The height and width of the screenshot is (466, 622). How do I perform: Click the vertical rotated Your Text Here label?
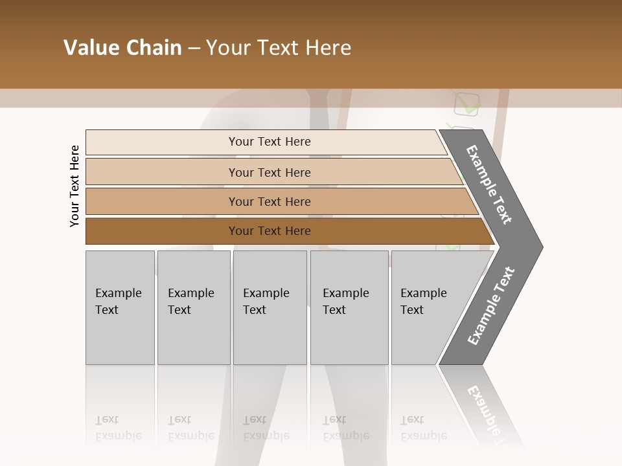pyautogui.click(x=75, y=186)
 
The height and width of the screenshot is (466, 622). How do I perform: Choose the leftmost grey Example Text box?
pyautogui.click(x=120, y=307)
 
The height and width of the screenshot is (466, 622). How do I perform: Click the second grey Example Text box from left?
pyautogui.click(x=194, y=307)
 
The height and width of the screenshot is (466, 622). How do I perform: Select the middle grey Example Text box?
pyautogui.click(x=270, y=307)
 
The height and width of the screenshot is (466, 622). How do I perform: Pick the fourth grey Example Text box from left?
pyautogui.click(x=349, y=307)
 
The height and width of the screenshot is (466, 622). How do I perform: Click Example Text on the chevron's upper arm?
pyautogui.click(x=489, y=185)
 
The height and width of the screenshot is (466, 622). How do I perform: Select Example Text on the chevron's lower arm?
pyautogui.click(x=491, y=305)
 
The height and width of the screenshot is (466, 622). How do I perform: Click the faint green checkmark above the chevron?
pyautogui.click(x=468, y=104)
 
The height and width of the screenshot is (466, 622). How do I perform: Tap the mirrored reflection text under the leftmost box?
pyautogui.click(x=119, y=428)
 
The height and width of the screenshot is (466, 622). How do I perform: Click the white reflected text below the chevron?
pyautogui.click(x=484, y=408)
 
